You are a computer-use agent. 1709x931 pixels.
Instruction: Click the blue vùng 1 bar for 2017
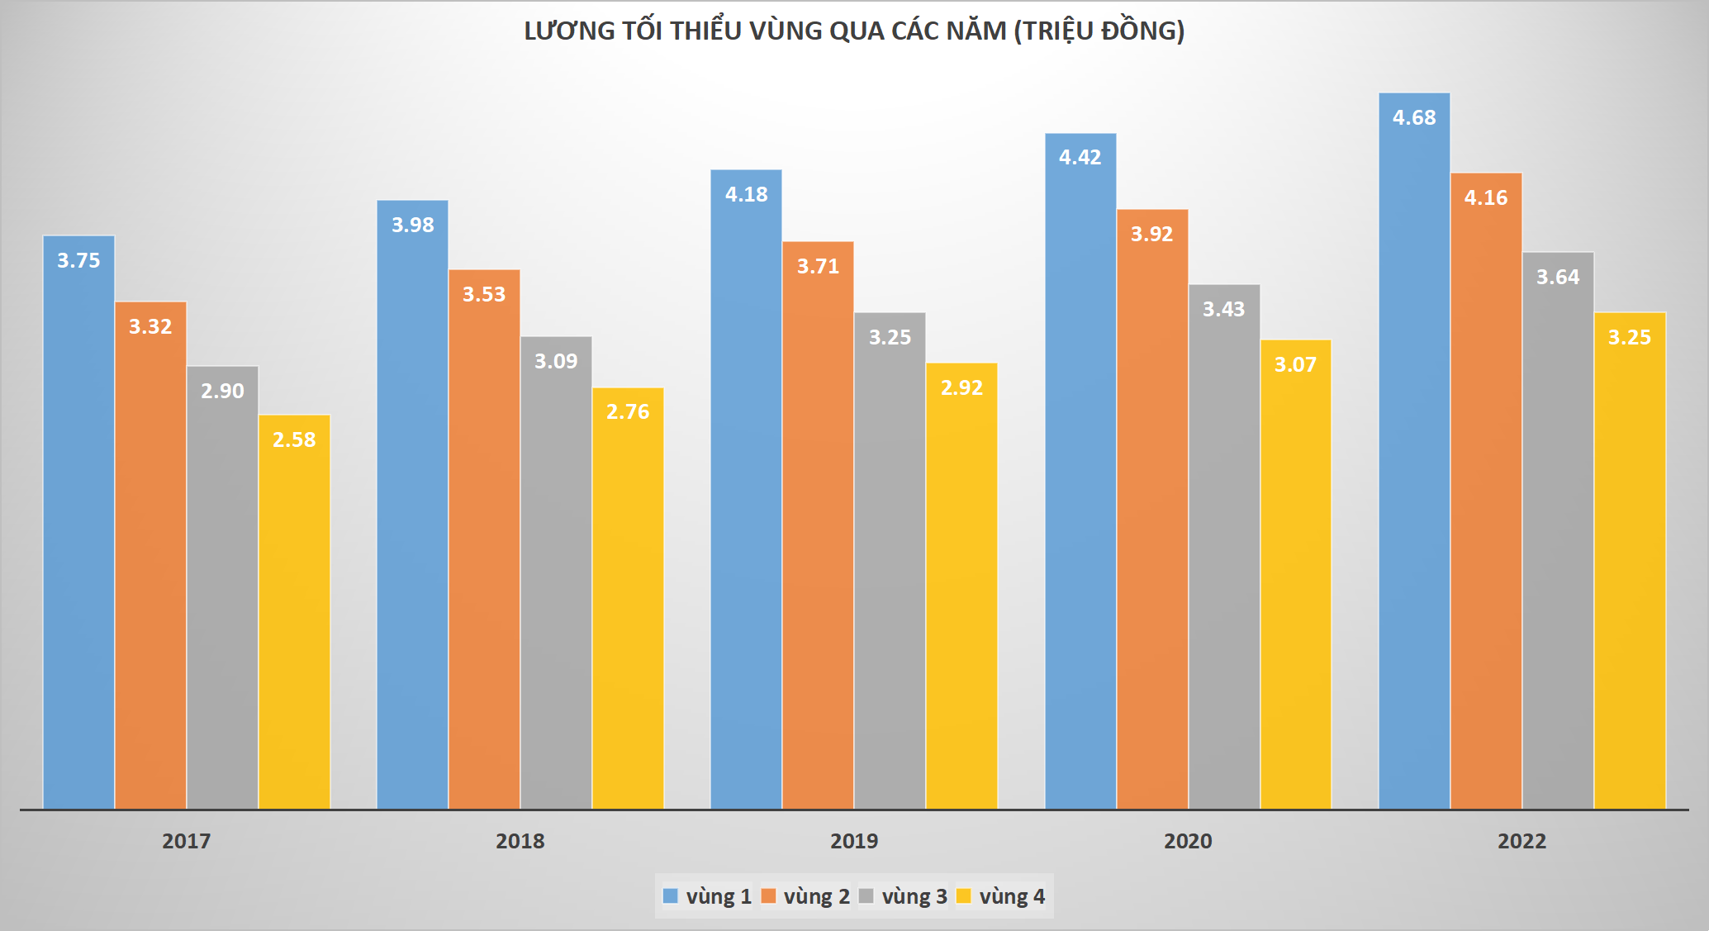[x=78, y=529]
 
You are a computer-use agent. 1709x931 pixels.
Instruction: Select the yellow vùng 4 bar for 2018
[x=628, y=603]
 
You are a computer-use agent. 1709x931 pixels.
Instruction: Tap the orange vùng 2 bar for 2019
[x=818, y=529]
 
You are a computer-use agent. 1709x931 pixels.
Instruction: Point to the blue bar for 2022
[x=1414, y=454]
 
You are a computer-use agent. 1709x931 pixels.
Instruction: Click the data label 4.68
[x=1414, y=118]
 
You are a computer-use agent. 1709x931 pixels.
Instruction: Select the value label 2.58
[x=294, y=440]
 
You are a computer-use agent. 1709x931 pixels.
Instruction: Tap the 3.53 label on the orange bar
[x=484, y=295]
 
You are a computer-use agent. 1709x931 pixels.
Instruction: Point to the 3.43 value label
[x=1223, y=310]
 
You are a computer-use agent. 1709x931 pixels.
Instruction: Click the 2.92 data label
[x=961, y=388]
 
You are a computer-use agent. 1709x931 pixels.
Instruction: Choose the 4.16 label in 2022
[x=1486, y=198]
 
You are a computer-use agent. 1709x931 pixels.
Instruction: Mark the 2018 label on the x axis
[x=520, y=842]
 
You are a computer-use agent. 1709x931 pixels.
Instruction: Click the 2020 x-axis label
[x=1188, y=842]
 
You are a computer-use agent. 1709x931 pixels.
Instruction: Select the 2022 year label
[x=1521, y=842]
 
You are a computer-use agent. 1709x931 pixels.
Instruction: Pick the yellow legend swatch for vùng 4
[x=964, y=896]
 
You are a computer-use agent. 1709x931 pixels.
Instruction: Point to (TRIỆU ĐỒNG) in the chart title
[x=1099, y=31]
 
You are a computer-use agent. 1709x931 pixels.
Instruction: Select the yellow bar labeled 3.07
[x=1295, y=578]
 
